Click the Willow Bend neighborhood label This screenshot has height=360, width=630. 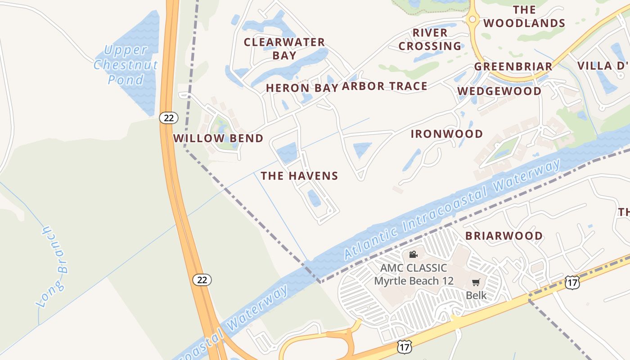(218, 138)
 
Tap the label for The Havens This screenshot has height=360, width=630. (299, 175)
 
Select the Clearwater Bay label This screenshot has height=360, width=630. (284, 49)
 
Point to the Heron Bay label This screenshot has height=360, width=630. (301, 88)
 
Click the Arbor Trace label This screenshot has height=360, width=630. (384, 86)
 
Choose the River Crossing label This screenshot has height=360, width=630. (430, 39)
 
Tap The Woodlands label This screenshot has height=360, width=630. (524, 16)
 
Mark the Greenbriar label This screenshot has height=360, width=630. (513, 67)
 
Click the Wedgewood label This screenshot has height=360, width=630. (499, 91)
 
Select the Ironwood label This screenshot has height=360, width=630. (447, 134)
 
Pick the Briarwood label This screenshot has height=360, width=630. (504, 236)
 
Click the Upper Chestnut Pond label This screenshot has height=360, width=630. (126, 65)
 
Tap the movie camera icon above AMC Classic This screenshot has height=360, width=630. (413, 255)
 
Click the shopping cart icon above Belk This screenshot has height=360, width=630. (476, 283)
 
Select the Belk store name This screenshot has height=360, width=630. (476, 295)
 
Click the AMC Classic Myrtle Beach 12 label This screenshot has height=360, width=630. (414, 274)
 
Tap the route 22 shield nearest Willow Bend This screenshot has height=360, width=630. (169, 118)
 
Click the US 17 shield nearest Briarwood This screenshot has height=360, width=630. (572, 283)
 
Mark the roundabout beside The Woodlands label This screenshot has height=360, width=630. (472, 19)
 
